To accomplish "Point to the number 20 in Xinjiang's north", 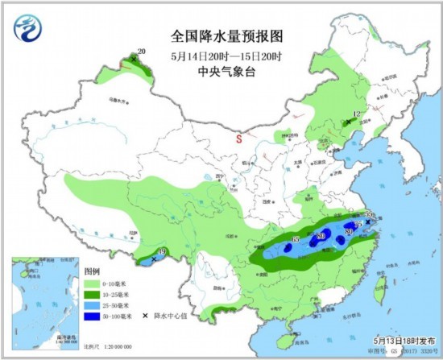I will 142,52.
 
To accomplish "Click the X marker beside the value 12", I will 348,122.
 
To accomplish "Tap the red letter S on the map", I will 238,139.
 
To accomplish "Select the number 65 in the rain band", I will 295,239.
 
